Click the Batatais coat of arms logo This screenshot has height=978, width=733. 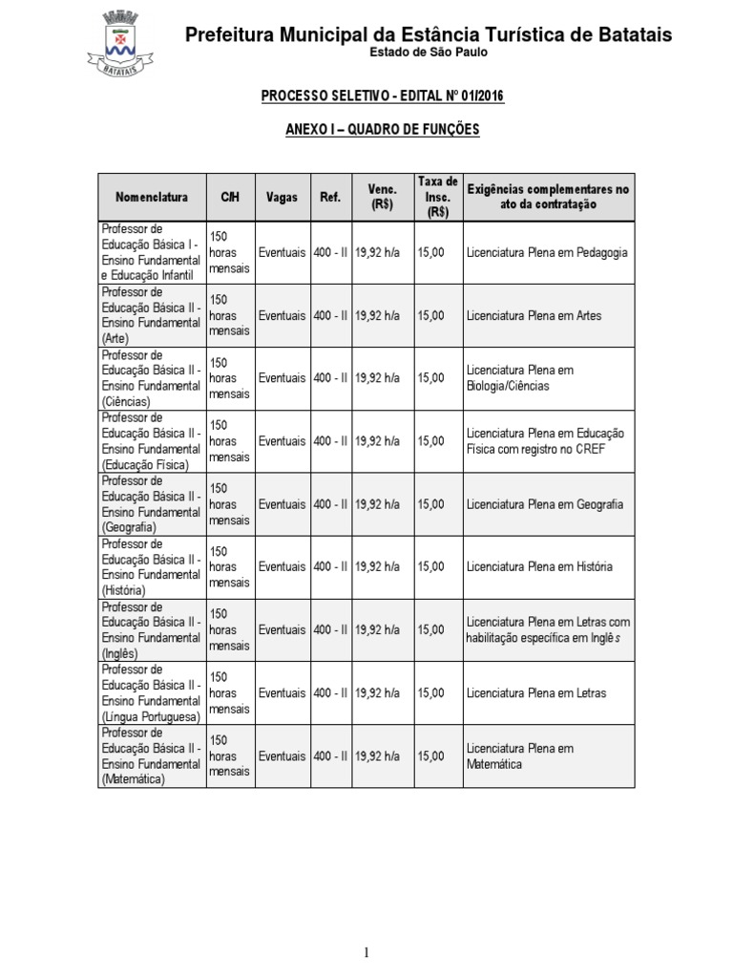(x=115, y=45)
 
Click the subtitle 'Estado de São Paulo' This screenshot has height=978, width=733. (x=429, y=53)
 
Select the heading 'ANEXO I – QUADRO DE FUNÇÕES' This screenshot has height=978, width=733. (x=383, y=129)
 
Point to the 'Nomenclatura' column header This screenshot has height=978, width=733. (x=152, y=198)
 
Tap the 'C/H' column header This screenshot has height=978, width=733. (x=230, y=198)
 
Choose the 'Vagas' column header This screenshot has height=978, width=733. (x=283, y=198)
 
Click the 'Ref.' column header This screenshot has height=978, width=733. (x=330, y=198)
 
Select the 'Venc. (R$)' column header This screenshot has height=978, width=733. (x=382, y=197)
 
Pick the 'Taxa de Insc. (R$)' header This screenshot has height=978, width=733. (x=438, y=198)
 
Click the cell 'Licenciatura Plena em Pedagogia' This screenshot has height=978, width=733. (x=547, y=253)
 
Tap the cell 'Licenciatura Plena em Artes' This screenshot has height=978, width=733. (x=534, y=315)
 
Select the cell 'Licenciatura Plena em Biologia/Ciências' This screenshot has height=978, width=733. (x=520, y=378)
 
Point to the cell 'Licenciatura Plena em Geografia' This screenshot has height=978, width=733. (x=545, y=504)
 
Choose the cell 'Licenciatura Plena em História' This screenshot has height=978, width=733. (x=539, y=566)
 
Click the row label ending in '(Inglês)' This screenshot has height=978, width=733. (x=152, y=630)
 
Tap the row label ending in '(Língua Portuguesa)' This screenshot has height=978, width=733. (x=152, y=693)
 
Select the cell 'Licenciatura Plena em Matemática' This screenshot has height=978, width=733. (x=520, y=755)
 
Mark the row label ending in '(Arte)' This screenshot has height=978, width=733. (x=152, y=315)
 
